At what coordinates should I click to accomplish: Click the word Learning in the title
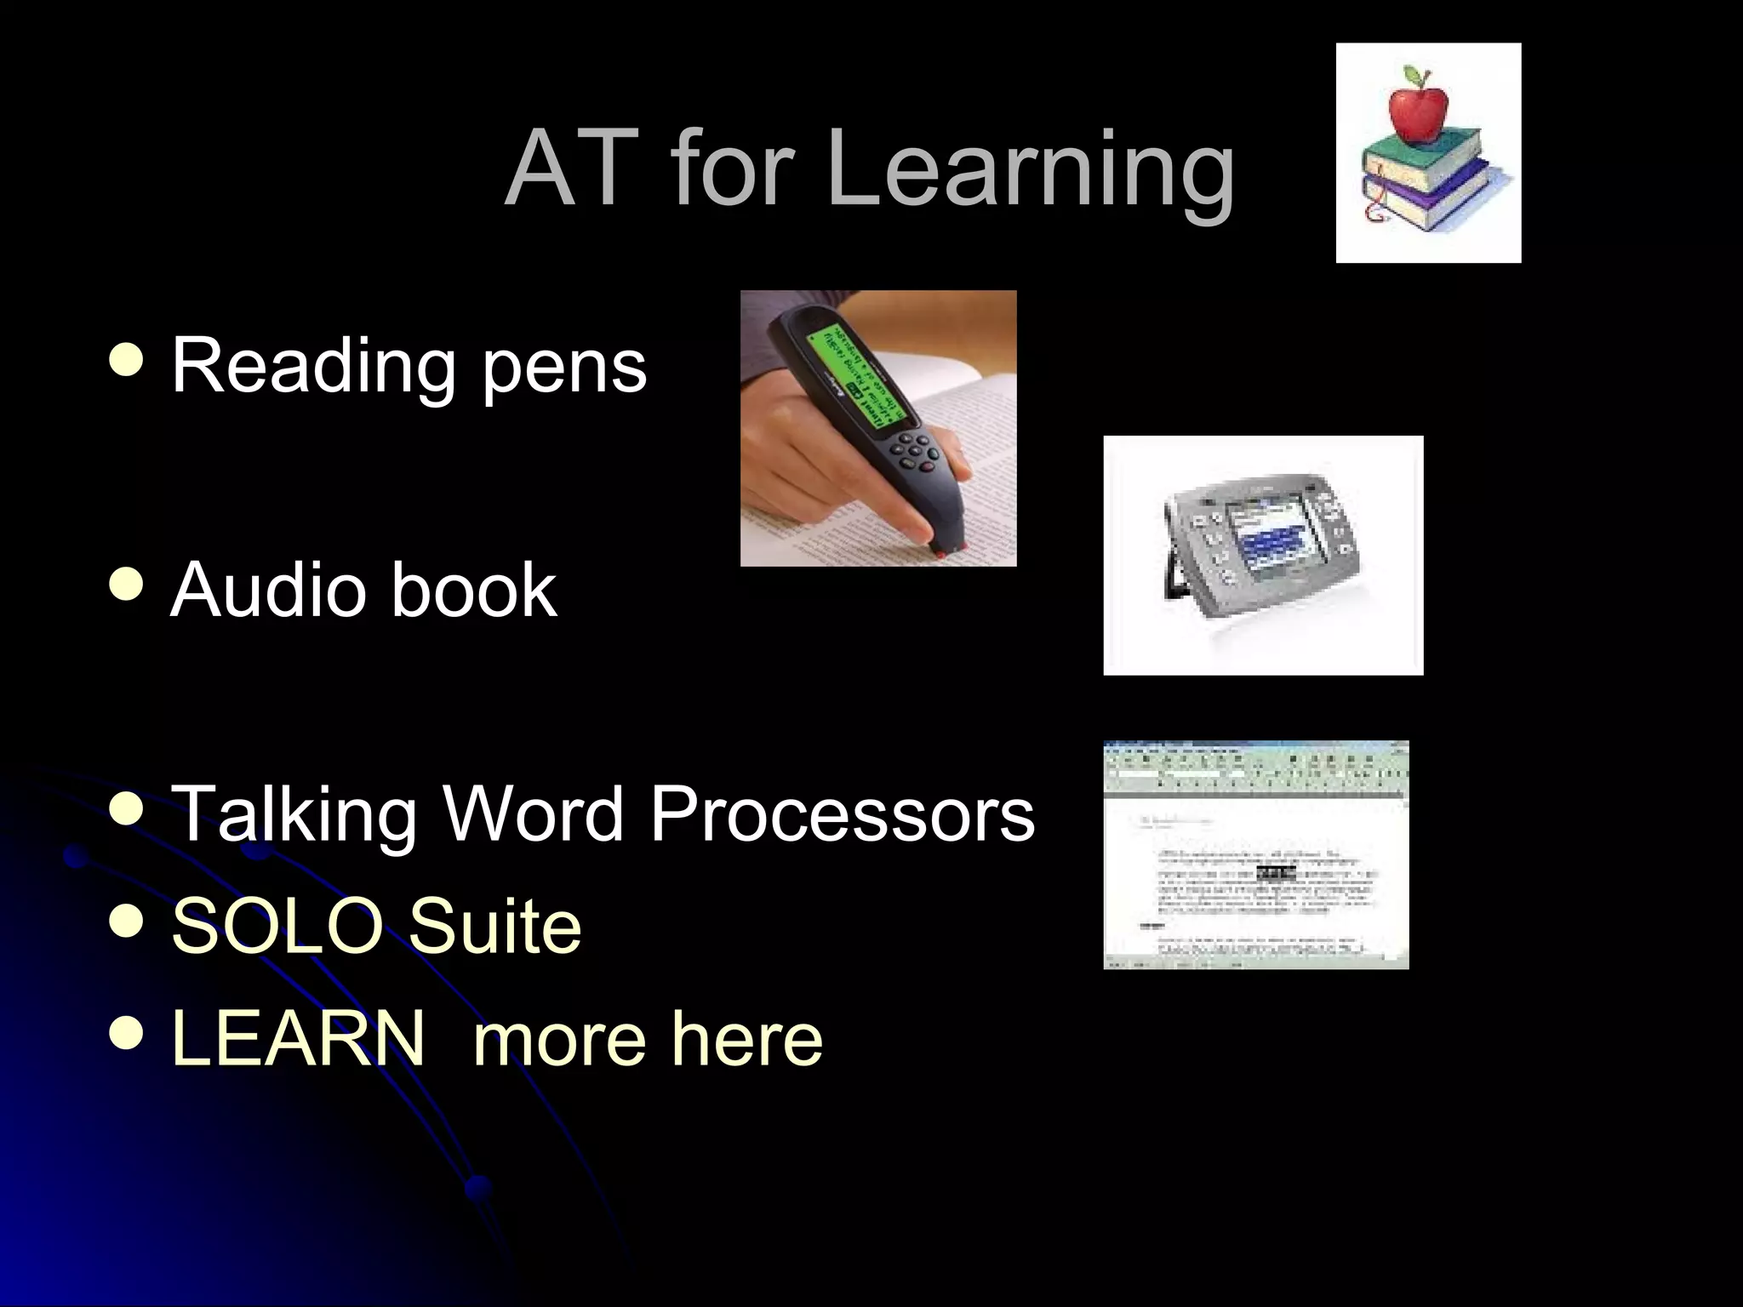[x=1030, y=170]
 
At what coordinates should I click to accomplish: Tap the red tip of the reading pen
[x=941, y=554]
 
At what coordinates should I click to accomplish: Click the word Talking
[x=294, y=814]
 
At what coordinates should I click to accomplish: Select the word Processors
[x=842, y=814]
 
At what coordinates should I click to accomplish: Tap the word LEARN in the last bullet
[x=297, y=1037]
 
